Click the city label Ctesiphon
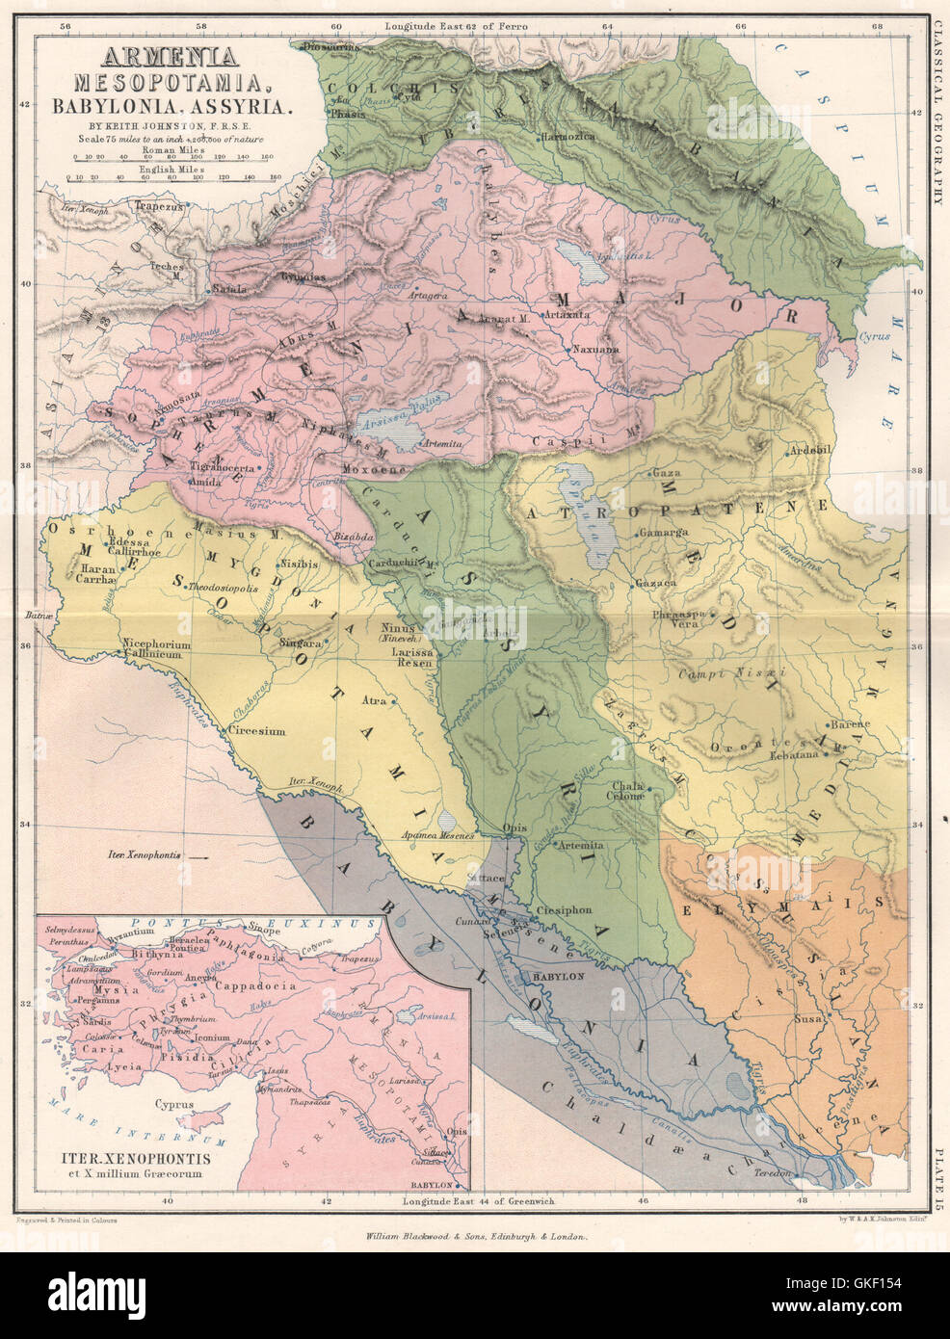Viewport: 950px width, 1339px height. coord(566,908)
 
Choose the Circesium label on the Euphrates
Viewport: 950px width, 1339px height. coord(256,730)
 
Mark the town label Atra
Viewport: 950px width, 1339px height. coord(373,700)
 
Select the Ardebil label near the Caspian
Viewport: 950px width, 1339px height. coord(807,451)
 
